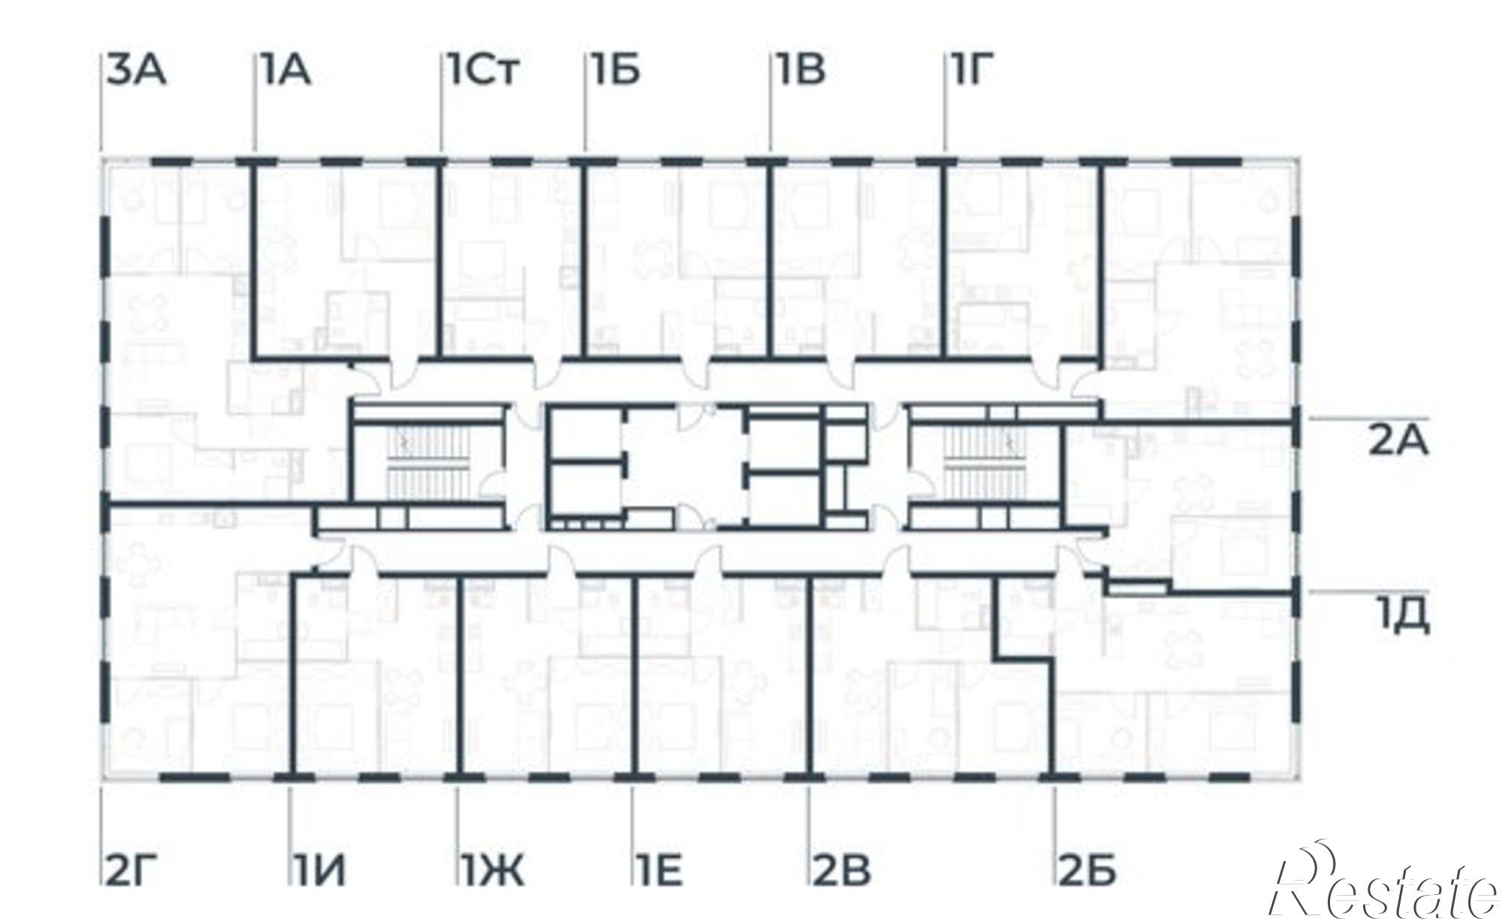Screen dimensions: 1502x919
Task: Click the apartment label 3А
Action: click(x=136, y=70)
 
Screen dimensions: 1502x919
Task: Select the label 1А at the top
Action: click(x=285, y=70)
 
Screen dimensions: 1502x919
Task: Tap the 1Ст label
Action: click(x=484, y=70)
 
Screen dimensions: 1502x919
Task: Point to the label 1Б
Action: click(x=614, y=70)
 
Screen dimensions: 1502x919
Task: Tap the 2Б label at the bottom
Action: click(x=1088, y=871)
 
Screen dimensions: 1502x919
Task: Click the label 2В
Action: click(x=842, y=871)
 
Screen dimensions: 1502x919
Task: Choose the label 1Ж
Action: click(x=493, y=871)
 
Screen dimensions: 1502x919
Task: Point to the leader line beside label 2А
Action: click(x=1369, y=416)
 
